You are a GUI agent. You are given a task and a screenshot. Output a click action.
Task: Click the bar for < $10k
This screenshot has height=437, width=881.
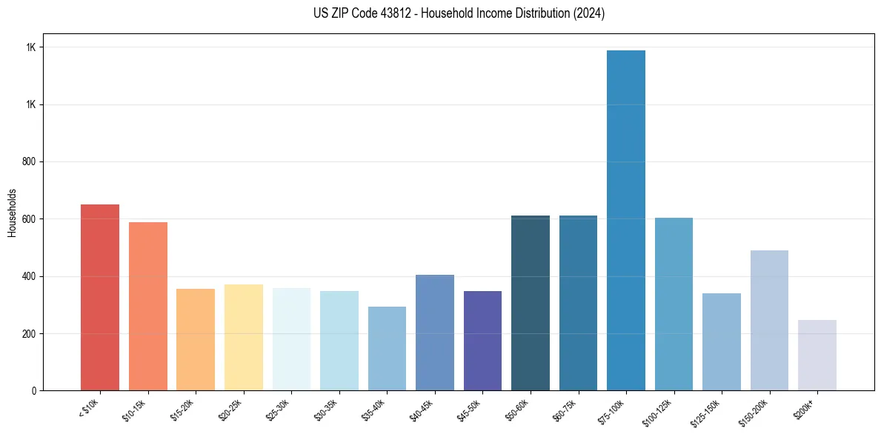click(x=100, y=297)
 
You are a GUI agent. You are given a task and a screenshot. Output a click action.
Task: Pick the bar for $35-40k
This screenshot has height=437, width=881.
click(x=387, y=348)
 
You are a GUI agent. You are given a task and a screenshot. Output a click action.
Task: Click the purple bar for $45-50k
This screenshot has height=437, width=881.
click(x=482, y=341)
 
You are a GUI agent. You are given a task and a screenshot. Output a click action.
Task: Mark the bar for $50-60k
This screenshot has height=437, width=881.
click(x=531, y=303)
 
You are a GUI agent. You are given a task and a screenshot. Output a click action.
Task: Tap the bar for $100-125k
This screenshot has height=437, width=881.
click(x=674, y=304)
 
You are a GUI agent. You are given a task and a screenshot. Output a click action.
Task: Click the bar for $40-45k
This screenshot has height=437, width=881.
click(x=435, y=333)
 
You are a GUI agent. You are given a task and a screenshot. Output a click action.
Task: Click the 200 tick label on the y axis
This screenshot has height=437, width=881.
click(x=30, y=333)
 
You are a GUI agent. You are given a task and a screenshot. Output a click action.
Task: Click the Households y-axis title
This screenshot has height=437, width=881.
click(x=13, y=212)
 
